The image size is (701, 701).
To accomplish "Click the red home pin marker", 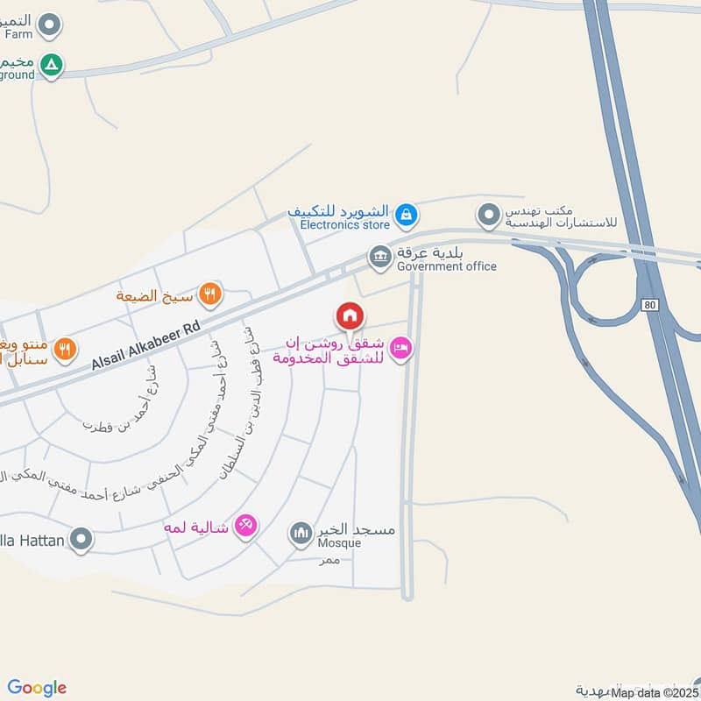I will (x=350, y=315).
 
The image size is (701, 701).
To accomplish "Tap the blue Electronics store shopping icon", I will (x=405, y=213).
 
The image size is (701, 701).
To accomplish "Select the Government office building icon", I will (x=379, y=256).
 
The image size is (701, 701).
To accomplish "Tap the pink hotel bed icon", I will (x=400, y=349).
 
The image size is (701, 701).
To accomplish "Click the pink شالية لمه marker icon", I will (x=247, y=526).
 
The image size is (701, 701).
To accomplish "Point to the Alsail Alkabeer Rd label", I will (x=145, y=343).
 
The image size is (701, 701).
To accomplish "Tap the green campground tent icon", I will (x=53, y=64).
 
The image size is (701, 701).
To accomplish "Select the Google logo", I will (x=37, y=688).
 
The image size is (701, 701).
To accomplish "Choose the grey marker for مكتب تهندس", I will (x=488, y=213).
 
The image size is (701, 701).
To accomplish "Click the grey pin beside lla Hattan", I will (x=81, y=539).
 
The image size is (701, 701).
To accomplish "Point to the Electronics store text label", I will (x=344, y=225).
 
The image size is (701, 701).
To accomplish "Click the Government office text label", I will (x=446, y=266).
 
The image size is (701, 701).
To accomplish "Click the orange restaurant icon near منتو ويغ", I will (x=63, y=350).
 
